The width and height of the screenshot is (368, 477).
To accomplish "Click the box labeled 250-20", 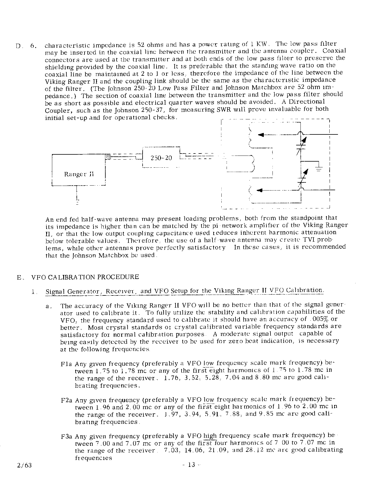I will (x=161, y=158).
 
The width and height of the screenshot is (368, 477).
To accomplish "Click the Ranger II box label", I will (x=79, y=174).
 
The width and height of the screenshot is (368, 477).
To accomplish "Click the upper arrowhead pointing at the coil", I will (x=261, y=135).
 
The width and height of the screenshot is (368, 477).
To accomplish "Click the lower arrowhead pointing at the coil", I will (x=259, y=190).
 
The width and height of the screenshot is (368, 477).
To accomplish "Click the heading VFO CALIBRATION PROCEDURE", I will (x=85, y=277).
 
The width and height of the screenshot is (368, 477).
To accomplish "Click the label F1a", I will (x=66, y=364).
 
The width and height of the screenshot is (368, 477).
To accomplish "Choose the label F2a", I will (x=67, y=400).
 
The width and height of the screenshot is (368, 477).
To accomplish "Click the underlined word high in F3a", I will (x=210, y=436).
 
